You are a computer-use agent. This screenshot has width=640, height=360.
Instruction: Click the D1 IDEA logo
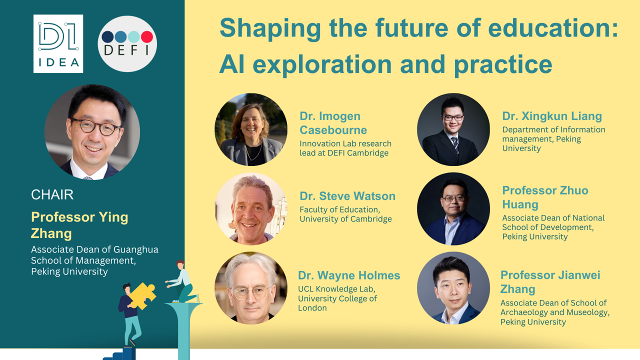click(58, 43)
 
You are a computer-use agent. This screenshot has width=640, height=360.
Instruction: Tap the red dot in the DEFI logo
click(147, 37)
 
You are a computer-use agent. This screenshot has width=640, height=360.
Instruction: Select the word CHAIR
click(52, 195)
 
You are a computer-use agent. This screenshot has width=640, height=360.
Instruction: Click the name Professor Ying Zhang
click(79, 225)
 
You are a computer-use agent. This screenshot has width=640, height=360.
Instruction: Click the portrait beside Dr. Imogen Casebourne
click(251, 129)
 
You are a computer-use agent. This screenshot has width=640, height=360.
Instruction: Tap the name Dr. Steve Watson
click(347, 196)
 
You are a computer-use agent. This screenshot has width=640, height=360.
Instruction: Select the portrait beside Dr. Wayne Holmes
click(251, 288)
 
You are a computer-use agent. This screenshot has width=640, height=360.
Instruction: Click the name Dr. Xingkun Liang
click(552, 116)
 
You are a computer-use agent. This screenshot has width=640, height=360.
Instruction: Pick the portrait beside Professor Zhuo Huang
click(453, 209)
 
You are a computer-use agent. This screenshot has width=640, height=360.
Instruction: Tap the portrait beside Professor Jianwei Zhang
click(453, 288)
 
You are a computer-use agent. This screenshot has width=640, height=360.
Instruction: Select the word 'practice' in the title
click(503, 65)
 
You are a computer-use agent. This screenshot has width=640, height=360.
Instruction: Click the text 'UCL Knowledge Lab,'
click(336, 289)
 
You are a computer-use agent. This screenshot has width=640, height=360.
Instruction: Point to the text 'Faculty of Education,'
click(339, 209)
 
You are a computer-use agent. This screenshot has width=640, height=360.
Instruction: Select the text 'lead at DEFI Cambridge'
click(344, 153)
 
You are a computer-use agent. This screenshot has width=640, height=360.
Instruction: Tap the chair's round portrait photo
click(92, 132)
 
